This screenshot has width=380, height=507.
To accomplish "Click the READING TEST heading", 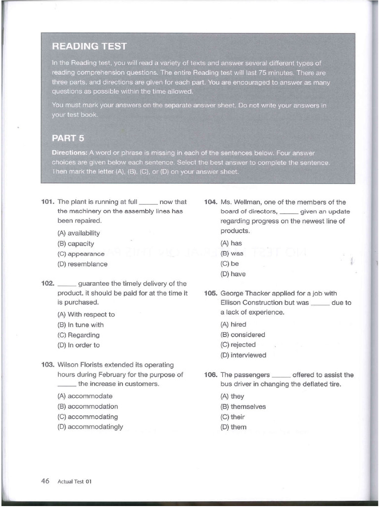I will click(89, 47).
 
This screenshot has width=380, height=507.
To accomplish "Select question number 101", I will click(47, 202).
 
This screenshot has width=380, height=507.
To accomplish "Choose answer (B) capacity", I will click(76, 244).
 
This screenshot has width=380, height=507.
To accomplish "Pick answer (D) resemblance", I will click(82, 264).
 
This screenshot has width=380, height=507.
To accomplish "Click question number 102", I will click(47, 284).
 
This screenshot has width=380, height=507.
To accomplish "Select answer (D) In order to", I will click(78, 345).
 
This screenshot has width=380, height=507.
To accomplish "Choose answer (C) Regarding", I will click(78, 335).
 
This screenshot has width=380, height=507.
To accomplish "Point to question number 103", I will click(47, 365).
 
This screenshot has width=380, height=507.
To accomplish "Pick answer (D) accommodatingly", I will click(90, 427).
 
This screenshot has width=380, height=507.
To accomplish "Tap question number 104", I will click(211, 202).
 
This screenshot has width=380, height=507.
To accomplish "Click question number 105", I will click(211, 294).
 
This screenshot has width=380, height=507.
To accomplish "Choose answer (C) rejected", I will click(238, 345).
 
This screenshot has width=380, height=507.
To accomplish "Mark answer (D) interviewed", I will click(243, 355).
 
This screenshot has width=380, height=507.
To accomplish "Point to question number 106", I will click(211, 375).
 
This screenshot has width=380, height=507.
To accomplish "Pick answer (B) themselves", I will click(243, 406).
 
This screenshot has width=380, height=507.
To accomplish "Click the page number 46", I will click(45, 481).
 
